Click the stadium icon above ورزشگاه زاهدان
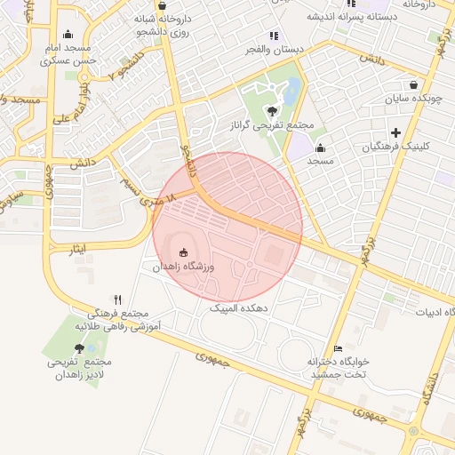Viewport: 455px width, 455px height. pyautogui.click(x=184, y=251)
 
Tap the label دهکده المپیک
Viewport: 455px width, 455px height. pyautogui.click(x=240, y=307)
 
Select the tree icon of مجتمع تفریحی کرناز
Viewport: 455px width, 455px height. pyautogui.click(x=271, y=111)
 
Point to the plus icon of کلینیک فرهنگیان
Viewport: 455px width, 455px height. pyautogui.click(x=396, y=132)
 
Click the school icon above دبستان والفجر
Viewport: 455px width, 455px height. pyautogui.click(x=274, y=36)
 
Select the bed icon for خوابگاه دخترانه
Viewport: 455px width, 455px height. pyautogui.click(x=337, y=348)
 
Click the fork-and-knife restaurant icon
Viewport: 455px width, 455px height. pyautogui.click(x=118, y=299)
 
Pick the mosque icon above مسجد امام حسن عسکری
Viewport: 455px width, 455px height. pyautogui.click(x=68, y=35)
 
